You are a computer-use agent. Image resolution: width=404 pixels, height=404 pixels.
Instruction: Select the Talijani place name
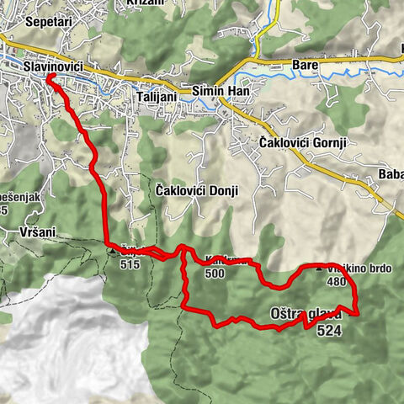pos(155,98)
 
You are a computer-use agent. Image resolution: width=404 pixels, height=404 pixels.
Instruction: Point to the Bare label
pos(303,64)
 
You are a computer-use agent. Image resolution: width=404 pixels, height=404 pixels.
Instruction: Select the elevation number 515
pos(130,264)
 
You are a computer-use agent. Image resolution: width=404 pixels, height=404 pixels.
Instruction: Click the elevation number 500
pos(215,274)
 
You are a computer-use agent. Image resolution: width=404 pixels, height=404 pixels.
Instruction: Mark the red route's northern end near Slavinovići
pos(49,77)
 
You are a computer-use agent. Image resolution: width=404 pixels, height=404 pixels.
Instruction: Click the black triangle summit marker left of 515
pos(112,249)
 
